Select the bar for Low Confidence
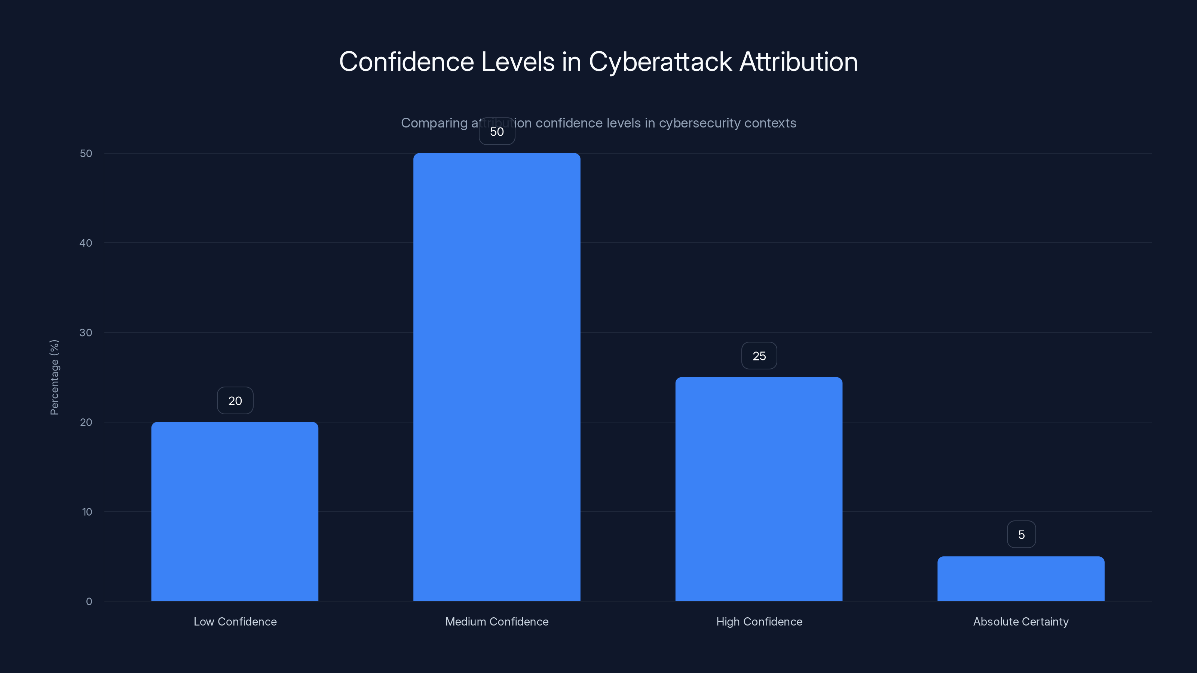(x=235, y=511)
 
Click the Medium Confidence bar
(x=497, y=377)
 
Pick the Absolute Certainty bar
(x=1021, y=578)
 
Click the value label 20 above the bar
(x=235, y=401)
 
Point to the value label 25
(x=759, y=356)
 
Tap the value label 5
(x=1021, y=535)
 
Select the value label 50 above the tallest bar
(x=497, y=132)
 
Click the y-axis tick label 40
(x=86, y=243)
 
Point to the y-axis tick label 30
(x=86, y=332)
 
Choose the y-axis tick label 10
(x=87, y=512)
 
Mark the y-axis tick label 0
(x=89, y=602)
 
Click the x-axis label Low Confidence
(x=235, y=621)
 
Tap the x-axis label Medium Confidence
(x=497, y=621)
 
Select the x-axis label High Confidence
(x=759, y=621)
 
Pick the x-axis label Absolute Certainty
(x=1021, y=621)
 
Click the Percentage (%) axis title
(x=54, y=377)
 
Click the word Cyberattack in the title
(x=660, y=62)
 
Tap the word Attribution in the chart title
(x=798, y=62)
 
